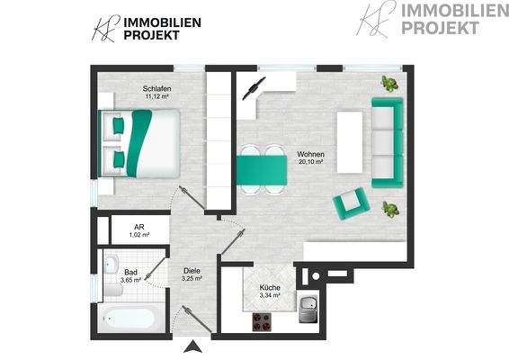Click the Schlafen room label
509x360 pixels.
[156, 88]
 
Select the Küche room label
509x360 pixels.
[270, 287]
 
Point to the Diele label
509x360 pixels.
[192, 270]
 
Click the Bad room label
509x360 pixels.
[130, 271]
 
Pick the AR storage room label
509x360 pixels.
[139, 228]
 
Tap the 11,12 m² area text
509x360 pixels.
[156, 97]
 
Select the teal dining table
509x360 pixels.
[261, 167]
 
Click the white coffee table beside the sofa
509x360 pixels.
[349, 142]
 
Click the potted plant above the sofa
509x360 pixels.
[389, 84]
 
